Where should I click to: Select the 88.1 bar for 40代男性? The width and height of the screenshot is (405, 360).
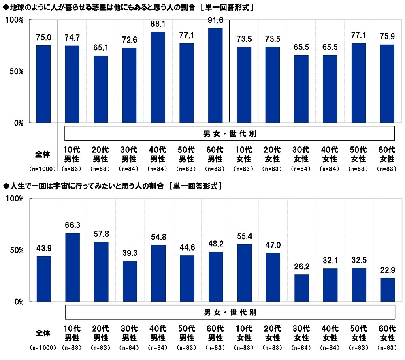(x=158, y=77)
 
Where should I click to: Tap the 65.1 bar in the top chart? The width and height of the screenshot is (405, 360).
(x=101, y=89)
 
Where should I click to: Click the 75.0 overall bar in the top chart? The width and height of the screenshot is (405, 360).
(x=44, y=84)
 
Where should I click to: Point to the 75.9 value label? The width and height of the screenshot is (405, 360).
(x=387, y=37)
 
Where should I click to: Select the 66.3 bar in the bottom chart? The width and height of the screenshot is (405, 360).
(x=72, y=267)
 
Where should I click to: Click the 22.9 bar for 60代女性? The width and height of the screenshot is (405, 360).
(x=387, y=289)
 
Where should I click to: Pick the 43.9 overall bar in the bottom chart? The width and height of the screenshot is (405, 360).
(x=44, y=279)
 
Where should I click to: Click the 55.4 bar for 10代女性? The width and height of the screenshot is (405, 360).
(x=244, y=273)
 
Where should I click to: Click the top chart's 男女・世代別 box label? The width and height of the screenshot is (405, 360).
(x=230, y=133)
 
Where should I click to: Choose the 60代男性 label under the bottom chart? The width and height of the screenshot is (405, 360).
(x=215, y=333)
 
